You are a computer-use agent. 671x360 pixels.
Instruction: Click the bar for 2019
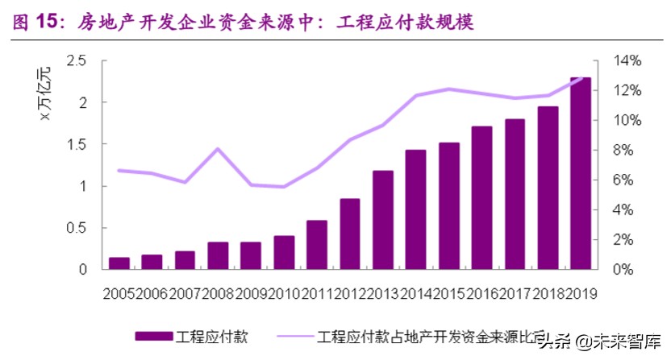pos(581,173)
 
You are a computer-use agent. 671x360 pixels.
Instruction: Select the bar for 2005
pos(119,263)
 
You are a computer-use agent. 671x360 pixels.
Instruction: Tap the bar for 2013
pos(382,219)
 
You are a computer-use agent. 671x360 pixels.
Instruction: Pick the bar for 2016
pos(481,197)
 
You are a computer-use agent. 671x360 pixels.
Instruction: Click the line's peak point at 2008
pos(219,149)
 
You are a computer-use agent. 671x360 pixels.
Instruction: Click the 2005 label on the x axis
pos(119,294)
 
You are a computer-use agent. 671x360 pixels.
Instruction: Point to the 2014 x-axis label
pos(415,294)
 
